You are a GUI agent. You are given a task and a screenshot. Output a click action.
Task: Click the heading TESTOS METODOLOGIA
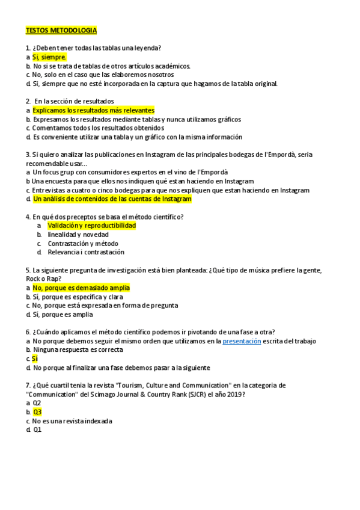pos(61,30)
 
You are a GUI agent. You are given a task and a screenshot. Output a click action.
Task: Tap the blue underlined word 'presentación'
pos(242,341)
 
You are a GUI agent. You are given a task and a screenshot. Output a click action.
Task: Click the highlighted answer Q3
pos(37,412)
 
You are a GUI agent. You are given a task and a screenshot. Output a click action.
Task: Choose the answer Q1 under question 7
pos(37,430)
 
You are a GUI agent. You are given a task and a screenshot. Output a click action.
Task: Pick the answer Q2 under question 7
pos(37,403)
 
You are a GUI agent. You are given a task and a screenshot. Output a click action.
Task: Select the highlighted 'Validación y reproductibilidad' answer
pos(91,226)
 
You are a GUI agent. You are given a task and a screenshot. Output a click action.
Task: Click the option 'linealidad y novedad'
pos(78,235)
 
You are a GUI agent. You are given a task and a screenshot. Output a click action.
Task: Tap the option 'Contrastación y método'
pos(83,244)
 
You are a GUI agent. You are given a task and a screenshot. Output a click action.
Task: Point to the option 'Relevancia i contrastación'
pos(86,253)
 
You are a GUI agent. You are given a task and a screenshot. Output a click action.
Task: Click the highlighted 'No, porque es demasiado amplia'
pos(81,288)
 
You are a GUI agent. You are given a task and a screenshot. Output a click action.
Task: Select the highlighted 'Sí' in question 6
pos(35,359)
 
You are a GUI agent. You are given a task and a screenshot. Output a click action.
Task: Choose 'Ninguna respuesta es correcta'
pos(78,350)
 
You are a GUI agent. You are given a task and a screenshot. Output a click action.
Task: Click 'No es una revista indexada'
pos(73,421)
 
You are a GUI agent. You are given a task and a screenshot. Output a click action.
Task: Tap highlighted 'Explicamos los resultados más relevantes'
pos(93,111)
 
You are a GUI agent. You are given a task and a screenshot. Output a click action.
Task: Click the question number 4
pos(28,217)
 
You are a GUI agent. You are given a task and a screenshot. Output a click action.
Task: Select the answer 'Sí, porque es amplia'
pos(63,315)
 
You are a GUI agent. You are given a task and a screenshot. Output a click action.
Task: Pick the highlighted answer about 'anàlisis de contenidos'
pos(112,199)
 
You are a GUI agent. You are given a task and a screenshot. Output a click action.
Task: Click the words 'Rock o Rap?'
pos(44,278)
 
